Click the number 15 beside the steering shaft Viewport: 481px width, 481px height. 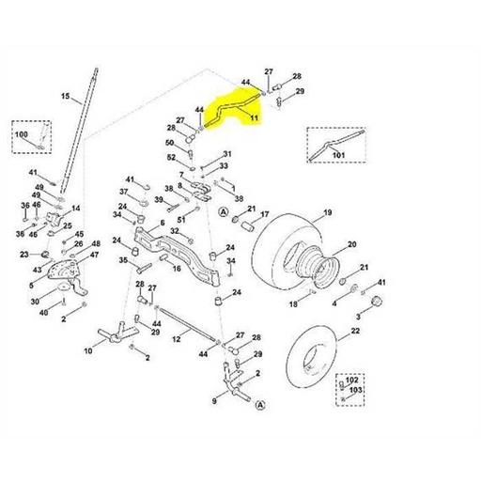tap(65, 97)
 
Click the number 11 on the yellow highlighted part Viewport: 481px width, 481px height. tap(254, 116)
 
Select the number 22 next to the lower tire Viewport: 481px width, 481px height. tap(355, 331)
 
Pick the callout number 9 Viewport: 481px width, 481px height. tap(214, 400)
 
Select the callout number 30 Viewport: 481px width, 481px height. tap(34, 302)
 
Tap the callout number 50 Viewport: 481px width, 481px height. tap(170, 143)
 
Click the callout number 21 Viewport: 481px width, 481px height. tap(365, 269)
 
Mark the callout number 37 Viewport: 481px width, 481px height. tap(122, 192)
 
